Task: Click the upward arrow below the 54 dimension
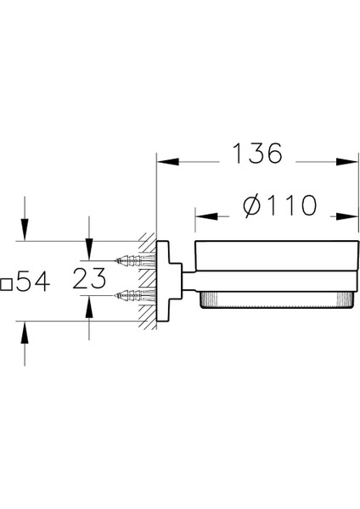(x=25, y=333)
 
